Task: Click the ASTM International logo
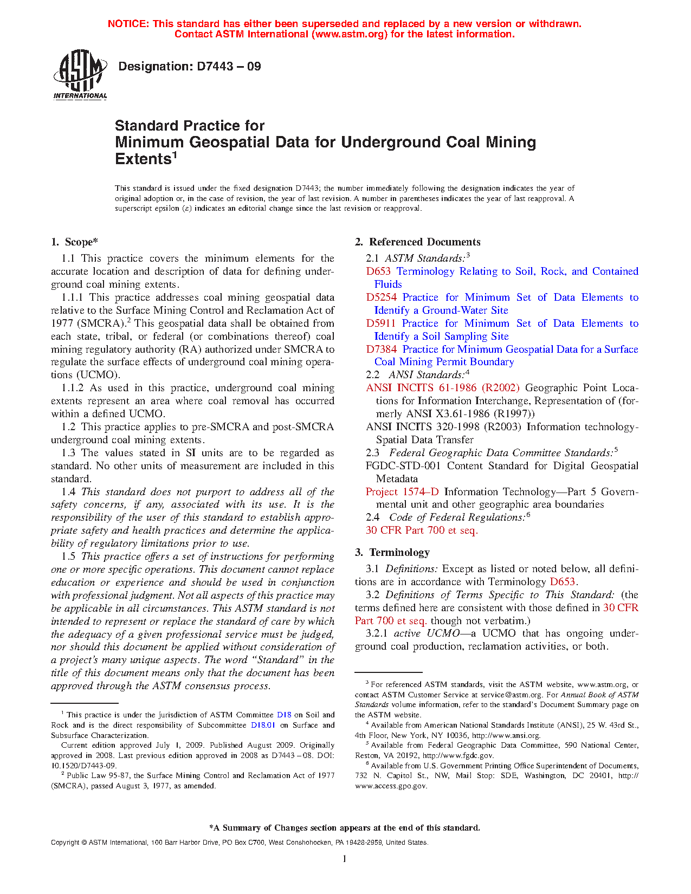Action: (x=80, y=74)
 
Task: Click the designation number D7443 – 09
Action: (x=189, y=67)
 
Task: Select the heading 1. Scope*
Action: (x=75, y=242)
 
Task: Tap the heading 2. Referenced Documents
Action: (x=418, y=242)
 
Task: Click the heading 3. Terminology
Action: (x=392, y=553)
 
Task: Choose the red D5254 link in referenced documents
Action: (x=381, y=297)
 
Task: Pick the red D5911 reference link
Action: (x=381, y=323)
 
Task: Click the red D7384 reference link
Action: (x=381, y=349)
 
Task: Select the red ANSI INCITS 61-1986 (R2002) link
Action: (x=442, y=388)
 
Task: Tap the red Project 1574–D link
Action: (x=402, y=492)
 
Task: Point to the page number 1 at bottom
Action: (x=345, y=858)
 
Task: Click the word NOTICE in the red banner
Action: (x=128, y=24)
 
